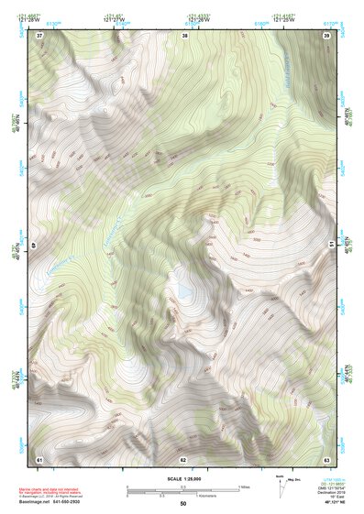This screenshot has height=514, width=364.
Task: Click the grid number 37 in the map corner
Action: click(39, 35)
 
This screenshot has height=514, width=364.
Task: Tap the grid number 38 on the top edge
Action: click(184, 35)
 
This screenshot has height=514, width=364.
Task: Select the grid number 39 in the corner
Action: click(326, 35)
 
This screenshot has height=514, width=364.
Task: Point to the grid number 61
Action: click(39, 459)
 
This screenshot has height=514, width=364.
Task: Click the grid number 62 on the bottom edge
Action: click(183, 459)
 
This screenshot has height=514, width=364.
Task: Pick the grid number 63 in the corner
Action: click(326, 459)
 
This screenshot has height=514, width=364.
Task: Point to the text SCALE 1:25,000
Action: click(183, 478)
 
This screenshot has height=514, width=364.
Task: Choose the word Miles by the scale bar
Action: click(245, 486)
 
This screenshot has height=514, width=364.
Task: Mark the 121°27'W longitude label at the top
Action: click(116, 18)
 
